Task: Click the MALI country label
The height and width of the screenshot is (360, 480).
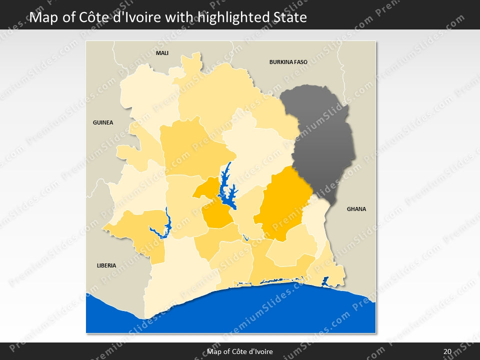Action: click(162, 52)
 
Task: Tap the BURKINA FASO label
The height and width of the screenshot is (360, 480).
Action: click(288, 62)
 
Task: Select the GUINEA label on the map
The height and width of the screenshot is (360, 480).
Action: click(103, 122)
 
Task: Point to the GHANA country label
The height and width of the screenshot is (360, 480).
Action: click(356, 209)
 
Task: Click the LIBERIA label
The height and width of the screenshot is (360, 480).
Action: click(106, 265)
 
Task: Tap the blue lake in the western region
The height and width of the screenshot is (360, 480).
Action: click(164, 227)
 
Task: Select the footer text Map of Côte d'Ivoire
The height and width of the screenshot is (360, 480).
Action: click(240, 351)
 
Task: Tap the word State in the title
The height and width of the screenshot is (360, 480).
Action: click(289, 17)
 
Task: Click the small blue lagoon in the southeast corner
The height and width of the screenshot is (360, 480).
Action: click(325, 281)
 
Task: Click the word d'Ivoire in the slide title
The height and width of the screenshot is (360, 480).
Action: click(135, 17)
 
